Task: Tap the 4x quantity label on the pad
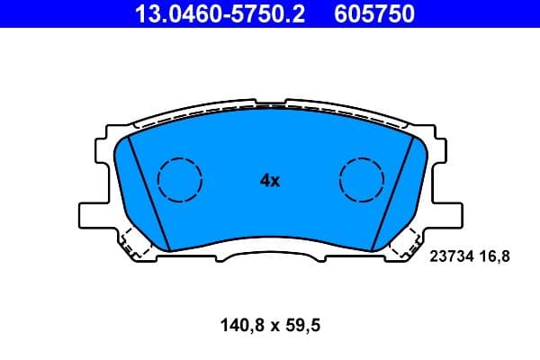pos(270,180)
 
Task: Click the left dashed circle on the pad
pos(180,179)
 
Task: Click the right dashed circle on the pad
pos(362,179)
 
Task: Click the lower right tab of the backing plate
pos(447,215)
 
